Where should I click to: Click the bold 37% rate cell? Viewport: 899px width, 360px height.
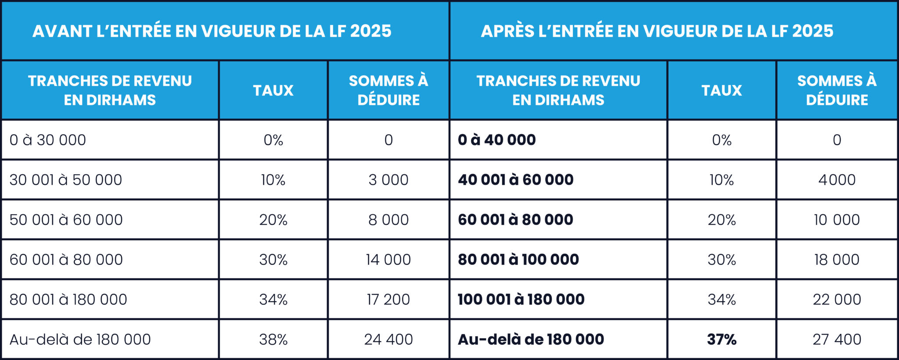click(721, 339)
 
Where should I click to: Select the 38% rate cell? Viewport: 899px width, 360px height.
click(273, 339)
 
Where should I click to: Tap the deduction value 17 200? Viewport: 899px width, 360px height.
click(388, 299)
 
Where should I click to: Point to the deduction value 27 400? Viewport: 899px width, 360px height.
click(837, 339)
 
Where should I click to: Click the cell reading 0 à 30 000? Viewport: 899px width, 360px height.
click(48, 140)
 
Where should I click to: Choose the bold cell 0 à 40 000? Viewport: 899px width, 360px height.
click(496, 140)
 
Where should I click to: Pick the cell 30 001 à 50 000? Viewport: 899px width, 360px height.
click(66, 180)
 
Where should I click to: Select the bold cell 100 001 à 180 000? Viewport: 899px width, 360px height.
click(521, 299)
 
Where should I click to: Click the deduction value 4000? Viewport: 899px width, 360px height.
click(837, 180)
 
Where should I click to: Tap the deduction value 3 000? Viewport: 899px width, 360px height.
click(388, 180)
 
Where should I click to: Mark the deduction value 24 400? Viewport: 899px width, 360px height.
click(388, 339)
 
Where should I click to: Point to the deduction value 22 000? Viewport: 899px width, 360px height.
click(837, 299)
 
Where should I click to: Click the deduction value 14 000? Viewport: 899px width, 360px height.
click(388, 259)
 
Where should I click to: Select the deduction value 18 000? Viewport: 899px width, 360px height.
click(837, 259)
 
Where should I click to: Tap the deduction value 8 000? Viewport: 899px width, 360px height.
click(388, 220)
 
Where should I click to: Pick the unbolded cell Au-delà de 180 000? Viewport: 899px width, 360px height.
click(80, 339)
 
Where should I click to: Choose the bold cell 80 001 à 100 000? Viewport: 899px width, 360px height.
click(518, 259)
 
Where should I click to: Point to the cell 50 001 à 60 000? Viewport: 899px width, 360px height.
click(66, 220)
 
